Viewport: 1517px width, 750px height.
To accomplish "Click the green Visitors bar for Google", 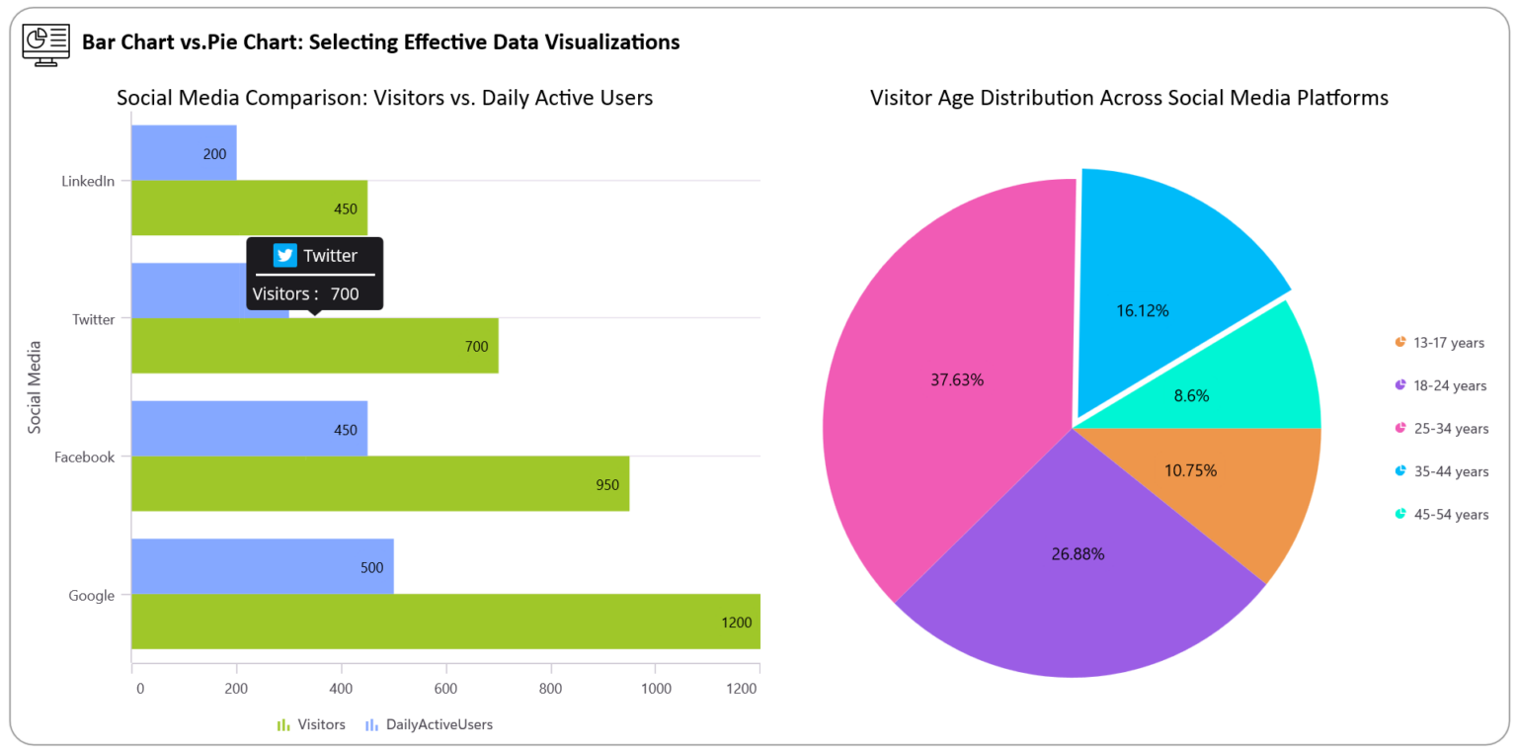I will (x=444, y=622).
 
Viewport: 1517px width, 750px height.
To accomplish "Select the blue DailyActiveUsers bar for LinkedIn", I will (x=184, y=153).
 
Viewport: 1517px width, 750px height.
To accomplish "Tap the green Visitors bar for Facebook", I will (x=380, y=484).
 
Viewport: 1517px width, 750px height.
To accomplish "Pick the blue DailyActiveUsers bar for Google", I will (x=262, y=566).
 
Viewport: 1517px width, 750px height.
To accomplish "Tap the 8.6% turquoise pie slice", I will (x=1235, y=385).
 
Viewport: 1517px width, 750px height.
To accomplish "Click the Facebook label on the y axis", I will (x=85, y=458).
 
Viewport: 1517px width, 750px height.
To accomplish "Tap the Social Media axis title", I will (x=35, y=386).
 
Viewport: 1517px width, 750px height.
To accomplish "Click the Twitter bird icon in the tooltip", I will (x=285, y=255).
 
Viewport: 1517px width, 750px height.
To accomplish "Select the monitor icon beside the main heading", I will (x=46, y=44).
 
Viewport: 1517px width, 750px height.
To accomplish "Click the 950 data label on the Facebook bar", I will (x=606, y=485).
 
